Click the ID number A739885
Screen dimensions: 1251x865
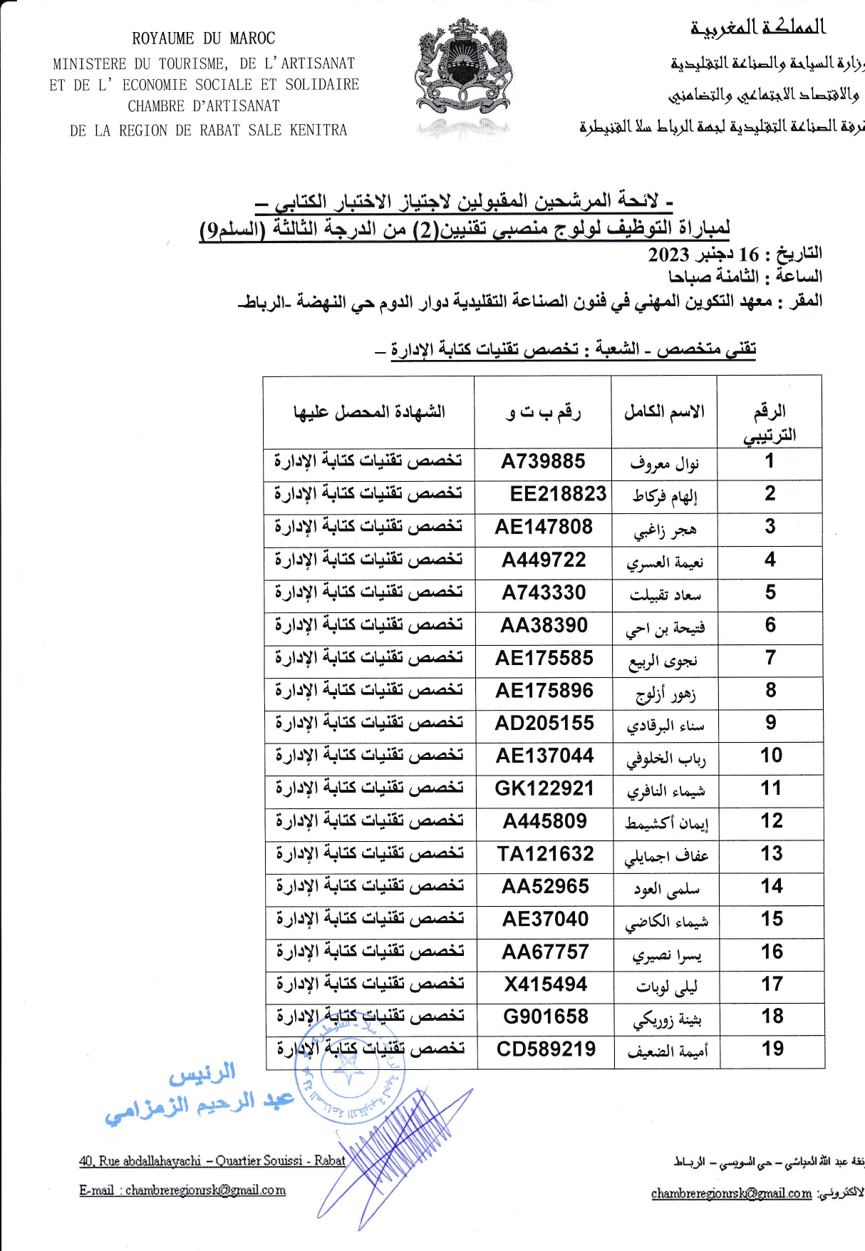coord(543,462)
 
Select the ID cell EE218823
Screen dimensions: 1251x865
coord(558,494)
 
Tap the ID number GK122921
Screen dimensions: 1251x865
coord(544,788)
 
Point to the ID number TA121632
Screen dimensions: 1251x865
coord(545,854)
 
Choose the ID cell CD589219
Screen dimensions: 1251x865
coord(546,1049)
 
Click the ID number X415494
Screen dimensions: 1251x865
coord(546,984)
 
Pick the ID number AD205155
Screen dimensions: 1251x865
coord(544,724)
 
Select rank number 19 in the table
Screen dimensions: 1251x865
coord(772,1049)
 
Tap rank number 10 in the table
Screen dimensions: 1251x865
coord(771,756)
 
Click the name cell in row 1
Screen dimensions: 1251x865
coord(664,465)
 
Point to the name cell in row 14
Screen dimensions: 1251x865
coord(666,889)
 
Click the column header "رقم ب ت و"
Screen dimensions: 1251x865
coord(543,413)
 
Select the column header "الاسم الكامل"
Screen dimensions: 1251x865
coord(664,412)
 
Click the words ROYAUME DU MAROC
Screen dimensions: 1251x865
coord(203,38)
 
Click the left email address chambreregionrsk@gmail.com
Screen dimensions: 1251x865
coord(205,1190)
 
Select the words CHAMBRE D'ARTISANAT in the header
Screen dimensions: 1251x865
coord(204,106)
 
